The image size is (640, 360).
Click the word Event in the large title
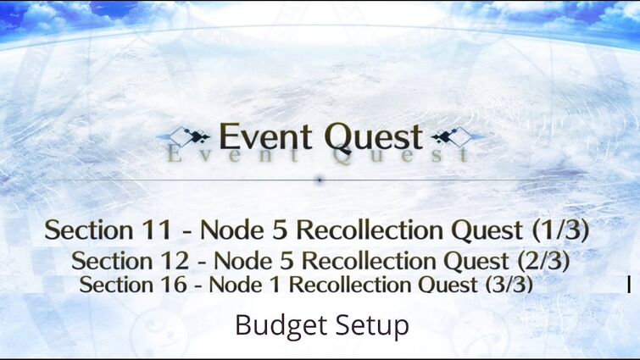pyautogui.click(x=265, y=136)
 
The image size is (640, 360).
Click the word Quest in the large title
pyautogui.click(x=374, y=138)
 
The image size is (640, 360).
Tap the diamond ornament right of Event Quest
pyautogui.click(x=453, y=136)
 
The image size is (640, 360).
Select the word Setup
pyautogui.click(x=373, y=326)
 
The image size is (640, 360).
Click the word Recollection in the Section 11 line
pyautogui.click(x=370, y=230)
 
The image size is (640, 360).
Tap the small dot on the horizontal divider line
pyautogui.click(x=320, y=180)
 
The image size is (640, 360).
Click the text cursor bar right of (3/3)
pyautogui.click(x=629, y=285)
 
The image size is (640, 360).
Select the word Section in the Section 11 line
pyautogui.click(x=88, y=230)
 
